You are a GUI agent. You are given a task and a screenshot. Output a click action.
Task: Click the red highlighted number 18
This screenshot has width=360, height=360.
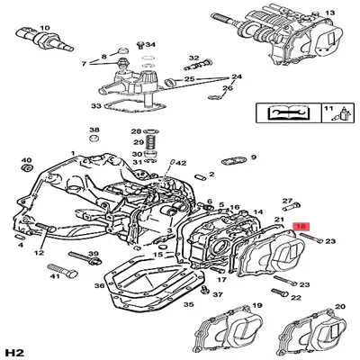point(301,229)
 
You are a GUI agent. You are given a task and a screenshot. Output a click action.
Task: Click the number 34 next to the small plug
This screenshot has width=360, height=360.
point(150,44)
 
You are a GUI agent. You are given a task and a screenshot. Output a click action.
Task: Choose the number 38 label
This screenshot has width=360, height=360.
point(94,132)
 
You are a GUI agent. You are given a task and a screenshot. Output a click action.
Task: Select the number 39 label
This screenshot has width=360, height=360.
point(93,256)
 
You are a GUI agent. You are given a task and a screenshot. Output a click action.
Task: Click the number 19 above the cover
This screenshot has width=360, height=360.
point(256,307)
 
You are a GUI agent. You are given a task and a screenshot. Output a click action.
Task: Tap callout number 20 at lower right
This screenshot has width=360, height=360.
point(340,307)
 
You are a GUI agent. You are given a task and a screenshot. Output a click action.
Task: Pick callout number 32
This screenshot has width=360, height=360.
point(193,58)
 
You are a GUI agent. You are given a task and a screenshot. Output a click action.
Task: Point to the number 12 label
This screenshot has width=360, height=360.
point(40,255)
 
